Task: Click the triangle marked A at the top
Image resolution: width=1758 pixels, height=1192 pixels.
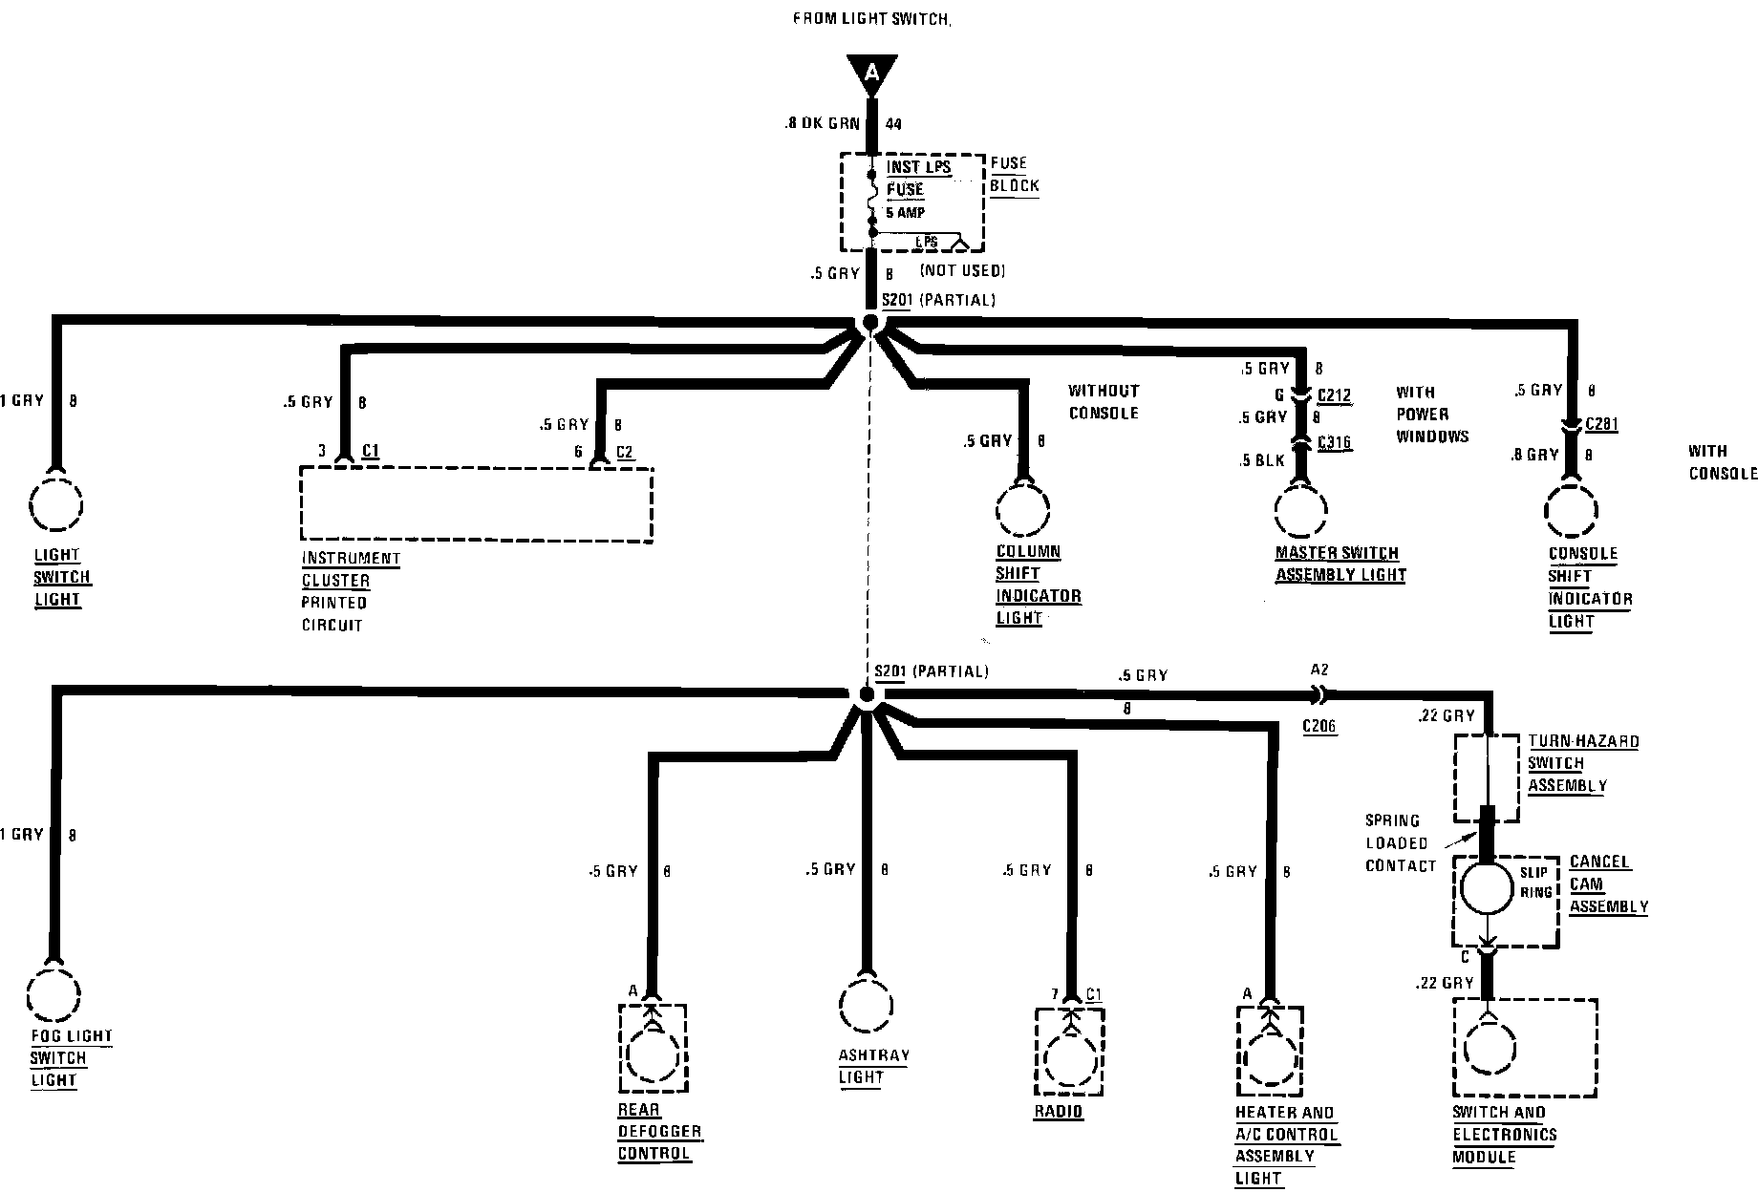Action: pyautogui.click(x=870, y=74)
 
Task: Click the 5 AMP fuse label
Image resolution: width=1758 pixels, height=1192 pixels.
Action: pyautogui.click(x=906, y=212)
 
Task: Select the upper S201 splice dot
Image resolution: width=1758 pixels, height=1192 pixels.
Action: pyautogui.click(x=870, y=323)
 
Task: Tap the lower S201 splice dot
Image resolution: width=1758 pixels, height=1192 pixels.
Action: pyautogui.click(x=866, y=694)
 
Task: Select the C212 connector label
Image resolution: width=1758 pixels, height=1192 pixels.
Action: pyautogui.click(x=1334, y=394)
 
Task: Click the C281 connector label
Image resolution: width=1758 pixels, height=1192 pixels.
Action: pyautogui.click(x=1602, y=424)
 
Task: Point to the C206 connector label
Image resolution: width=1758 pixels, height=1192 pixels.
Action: pyautogui.click(x=1319, y=727)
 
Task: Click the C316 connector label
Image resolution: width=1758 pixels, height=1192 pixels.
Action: pyautogui.click(x=1334, y=442)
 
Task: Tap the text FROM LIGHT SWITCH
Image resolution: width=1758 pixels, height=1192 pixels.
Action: pyautogui.click(x=872, y=18)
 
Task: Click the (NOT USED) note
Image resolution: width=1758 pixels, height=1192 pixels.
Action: pyautogui.click(x=962, y=270)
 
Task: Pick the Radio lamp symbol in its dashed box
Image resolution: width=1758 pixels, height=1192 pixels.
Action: pyautogui.click(x=1070, y=1051)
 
